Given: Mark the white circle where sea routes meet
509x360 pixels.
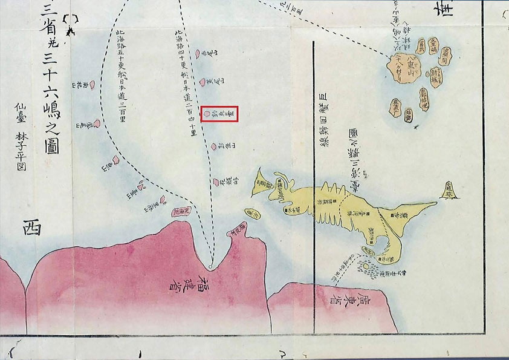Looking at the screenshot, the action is click(x=209, y=266).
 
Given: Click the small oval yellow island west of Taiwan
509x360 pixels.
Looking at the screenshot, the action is click(x=253, y=214).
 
